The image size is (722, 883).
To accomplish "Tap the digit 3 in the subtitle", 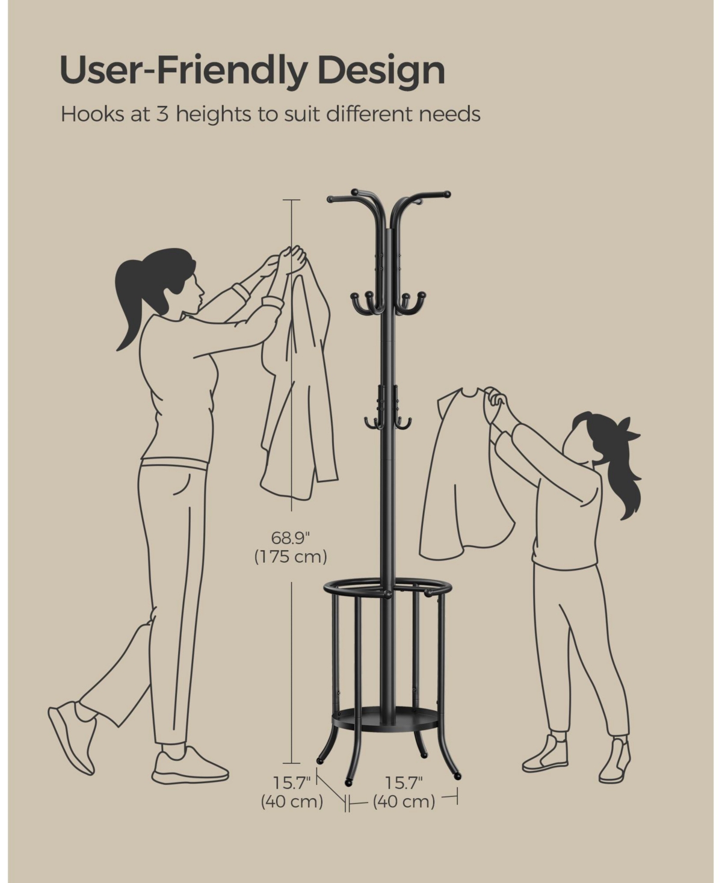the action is (162, 114).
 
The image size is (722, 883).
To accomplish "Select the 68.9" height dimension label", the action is (291, 538).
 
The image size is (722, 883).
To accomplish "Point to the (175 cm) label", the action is (291, 556).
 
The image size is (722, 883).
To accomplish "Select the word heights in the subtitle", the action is (214, 114).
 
